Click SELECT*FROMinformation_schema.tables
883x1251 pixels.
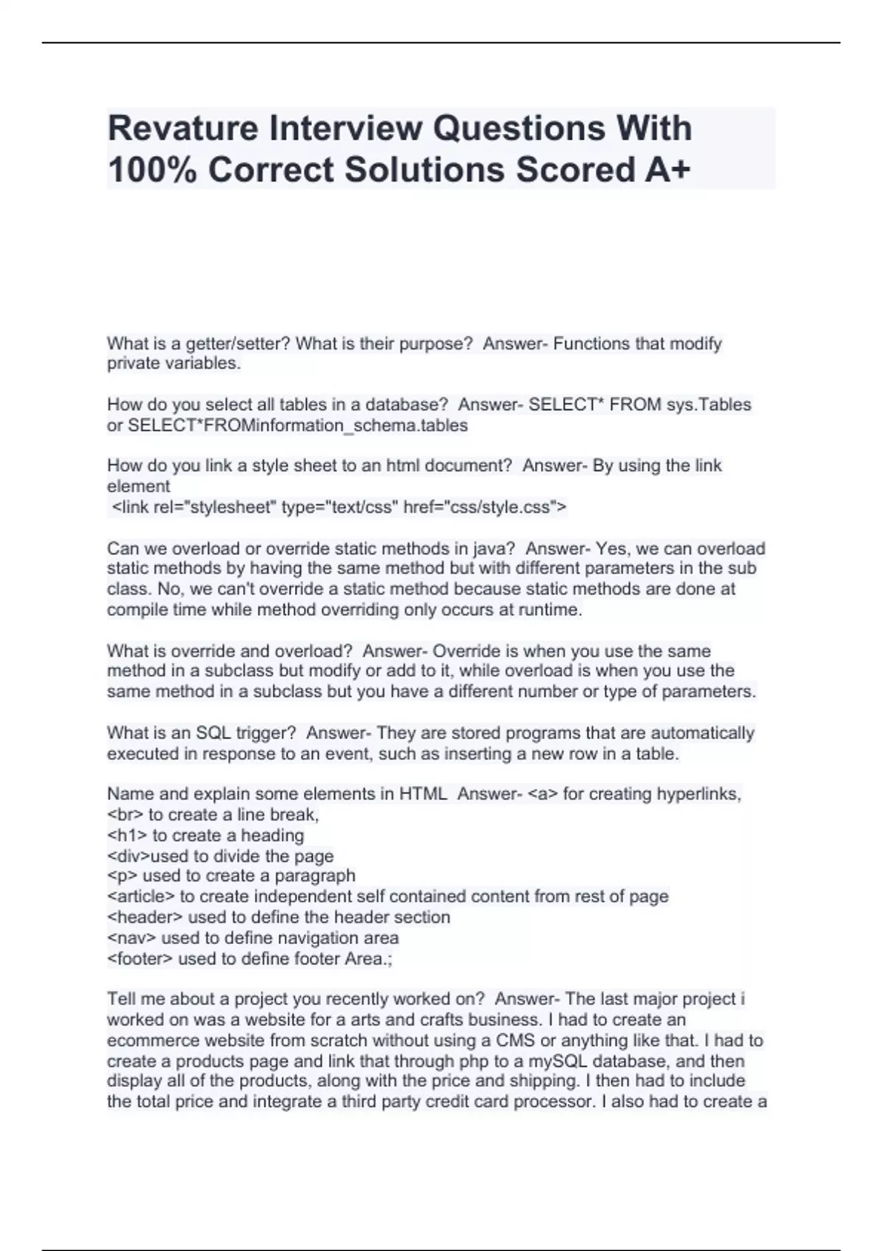tap(298, 425)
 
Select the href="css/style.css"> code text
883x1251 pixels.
tap(486, 507)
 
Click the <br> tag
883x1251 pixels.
tap(125, 815)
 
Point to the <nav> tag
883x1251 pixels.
tap(131, 938)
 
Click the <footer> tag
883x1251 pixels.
tap(140, 958)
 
